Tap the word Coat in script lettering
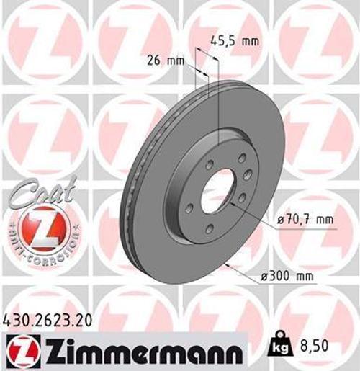point(44,195)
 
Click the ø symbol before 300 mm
point(256,274)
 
